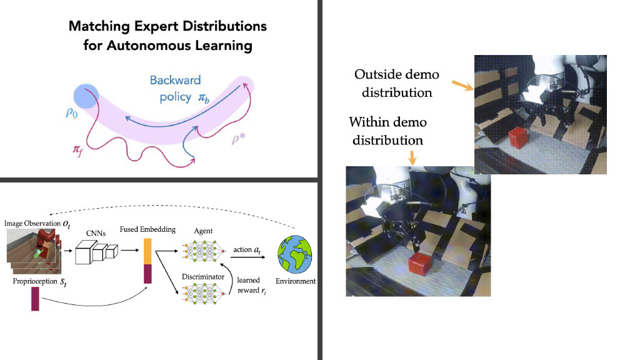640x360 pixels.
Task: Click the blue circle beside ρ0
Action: click(x=86, y=96)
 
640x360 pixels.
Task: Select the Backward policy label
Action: click(x=176, y=89)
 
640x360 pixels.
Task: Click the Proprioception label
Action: click(x=32, y=282)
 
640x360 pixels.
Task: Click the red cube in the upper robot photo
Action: click(x=517, y=139)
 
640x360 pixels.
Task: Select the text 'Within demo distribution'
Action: click(x=387, y=130)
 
